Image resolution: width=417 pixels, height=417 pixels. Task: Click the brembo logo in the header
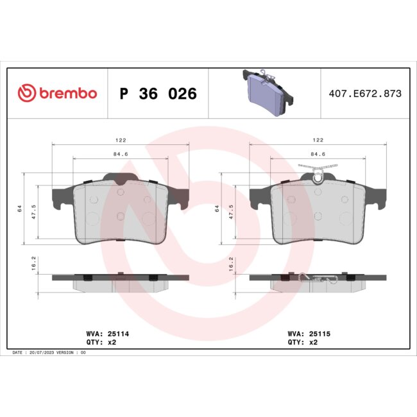[x=57, y=94]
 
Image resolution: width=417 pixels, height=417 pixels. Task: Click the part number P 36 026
[x=158, y=94]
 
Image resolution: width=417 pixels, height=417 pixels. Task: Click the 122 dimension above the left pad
[x=120, y=140]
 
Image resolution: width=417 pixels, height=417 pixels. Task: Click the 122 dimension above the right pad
[x=318, y=140]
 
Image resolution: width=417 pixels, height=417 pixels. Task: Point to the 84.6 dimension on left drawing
[x=120, y=154]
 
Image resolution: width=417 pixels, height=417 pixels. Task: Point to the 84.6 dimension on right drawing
[x=318, y=154]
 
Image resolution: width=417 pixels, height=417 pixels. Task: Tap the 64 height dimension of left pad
[x=20, y=208]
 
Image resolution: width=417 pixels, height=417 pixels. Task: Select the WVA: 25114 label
[x=108, y=334]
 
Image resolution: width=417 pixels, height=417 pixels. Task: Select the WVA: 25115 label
[x=309, y=334]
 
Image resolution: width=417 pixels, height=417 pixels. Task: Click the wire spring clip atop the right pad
[x=318, y=170]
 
